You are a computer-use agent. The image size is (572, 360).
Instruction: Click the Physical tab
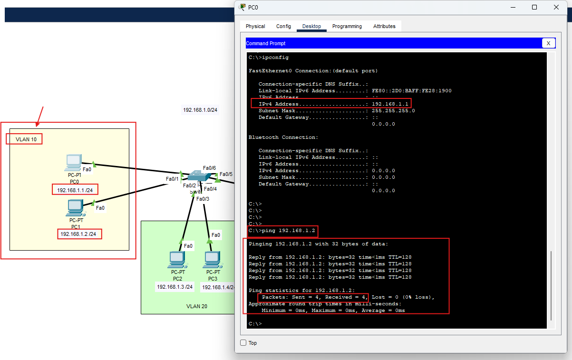(255, 26)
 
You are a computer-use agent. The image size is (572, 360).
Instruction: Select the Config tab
(283, 26)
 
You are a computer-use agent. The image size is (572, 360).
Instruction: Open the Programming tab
(347, 26)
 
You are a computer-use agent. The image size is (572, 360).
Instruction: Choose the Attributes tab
(384, 26)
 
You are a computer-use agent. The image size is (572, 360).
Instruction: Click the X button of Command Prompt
(548, 43)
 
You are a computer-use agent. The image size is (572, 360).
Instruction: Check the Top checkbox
(243, 343)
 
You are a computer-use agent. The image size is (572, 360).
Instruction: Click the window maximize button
(534, 7)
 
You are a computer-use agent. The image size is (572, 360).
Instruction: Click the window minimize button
(513, 7)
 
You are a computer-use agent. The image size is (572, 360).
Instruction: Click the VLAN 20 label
(196, 306)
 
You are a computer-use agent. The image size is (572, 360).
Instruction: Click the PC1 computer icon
(76, 207)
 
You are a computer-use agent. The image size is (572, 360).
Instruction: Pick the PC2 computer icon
(177, 260)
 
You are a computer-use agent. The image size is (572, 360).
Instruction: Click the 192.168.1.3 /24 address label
(175, 287)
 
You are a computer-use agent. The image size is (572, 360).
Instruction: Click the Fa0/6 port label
(209, 168)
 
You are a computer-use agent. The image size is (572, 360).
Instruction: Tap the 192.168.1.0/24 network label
(200, 110)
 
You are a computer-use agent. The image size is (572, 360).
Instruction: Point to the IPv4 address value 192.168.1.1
(390, 104)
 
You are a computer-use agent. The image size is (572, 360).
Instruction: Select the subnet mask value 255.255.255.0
(393, 110)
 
